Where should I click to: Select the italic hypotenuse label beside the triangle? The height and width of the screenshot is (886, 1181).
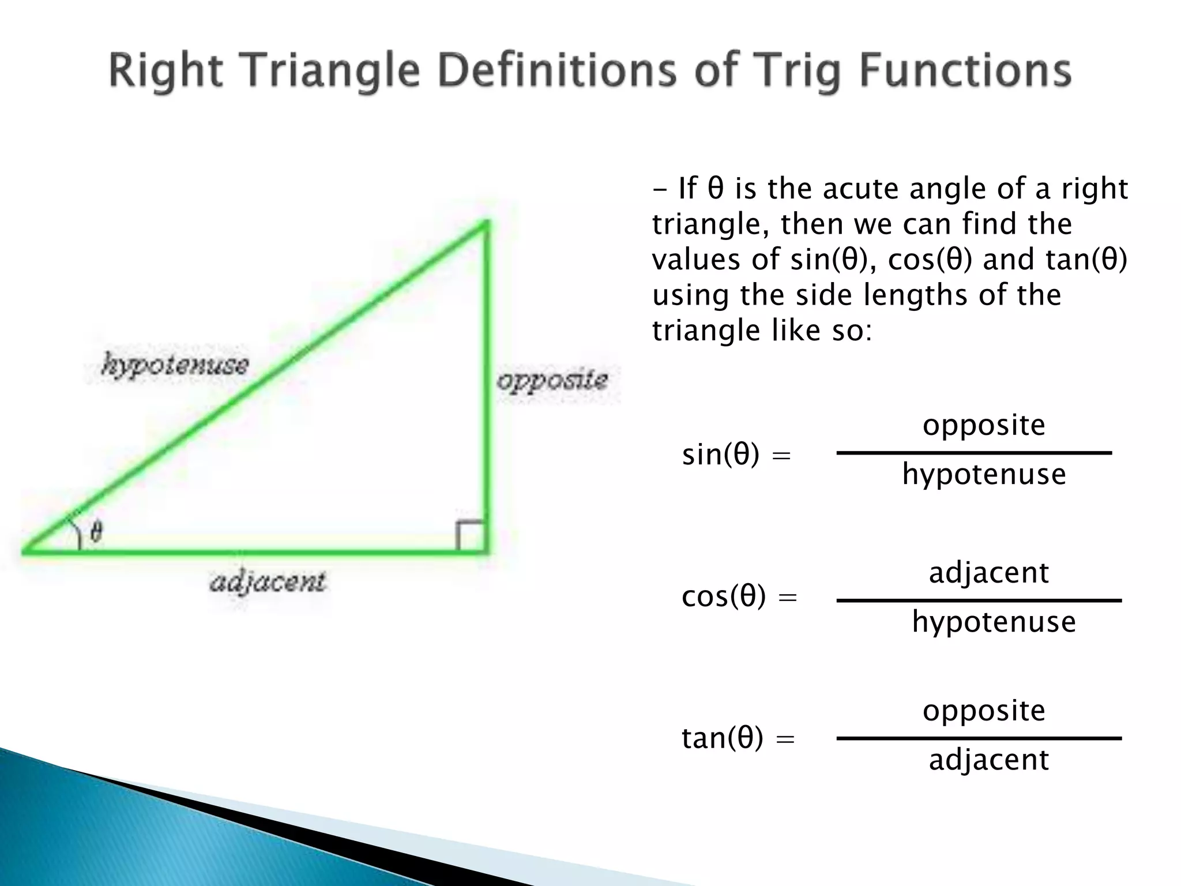175,365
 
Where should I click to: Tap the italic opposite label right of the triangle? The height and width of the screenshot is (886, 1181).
552,380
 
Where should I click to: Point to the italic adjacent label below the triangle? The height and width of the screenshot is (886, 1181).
268,581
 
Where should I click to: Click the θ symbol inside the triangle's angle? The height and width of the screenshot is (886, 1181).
96,531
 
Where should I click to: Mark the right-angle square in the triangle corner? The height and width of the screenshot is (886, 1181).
470,535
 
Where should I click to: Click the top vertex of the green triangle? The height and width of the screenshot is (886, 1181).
488,221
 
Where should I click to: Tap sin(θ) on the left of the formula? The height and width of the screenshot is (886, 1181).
720,455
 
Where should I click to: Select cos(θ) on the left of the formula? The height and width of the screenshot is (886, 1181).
724,596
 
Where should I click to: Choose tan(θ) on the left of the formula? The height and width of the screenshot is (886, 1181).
722,738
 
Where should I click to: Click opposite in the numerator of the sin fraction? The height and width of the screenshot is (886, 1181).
984,425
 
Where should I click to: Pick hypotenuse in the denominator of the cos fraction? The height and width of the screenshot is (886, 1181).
994,622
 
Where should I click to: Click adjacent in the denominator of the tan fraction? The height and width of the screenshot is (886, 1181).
988,760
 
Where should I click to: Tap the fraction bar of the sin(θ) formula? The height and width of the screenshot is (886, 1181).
973,453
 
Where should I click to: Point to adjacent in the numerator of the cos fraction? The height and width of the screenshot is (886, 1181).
988,573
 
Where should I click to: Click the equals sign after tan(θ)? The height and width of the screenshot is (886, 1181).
785,739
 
